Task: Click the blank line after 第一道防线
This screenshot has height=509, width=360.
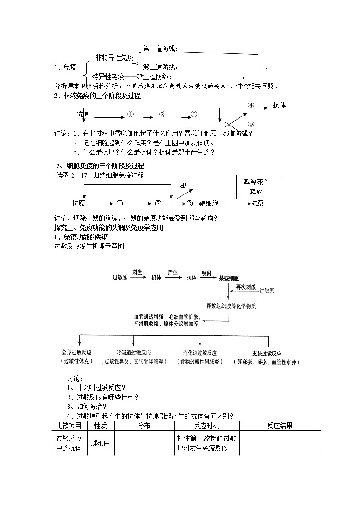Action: pos(220,53)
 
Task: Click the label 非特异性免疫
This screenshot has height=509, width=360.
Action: pos(114,58)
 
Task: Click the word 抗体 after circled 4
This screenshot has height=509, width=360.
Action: pos(279,105)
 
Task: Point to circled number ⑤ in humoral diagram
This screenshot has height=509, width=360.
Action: pos(251,123)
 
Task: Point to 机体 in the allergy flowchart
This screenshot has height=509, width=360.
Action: pos(156,277)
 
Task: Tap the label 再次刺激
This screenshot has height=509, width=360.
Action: pos(246,287)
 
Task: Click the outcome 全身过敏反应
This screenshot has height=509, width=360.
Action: pos(77,353)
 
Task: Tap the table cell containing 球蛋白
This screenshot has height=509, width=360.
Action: pos(100,443)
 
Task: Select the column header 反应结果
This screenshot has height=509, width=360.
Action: pos(280,426)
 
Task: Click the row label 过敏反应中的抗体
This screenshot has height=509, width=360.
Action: pos(68,443)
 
